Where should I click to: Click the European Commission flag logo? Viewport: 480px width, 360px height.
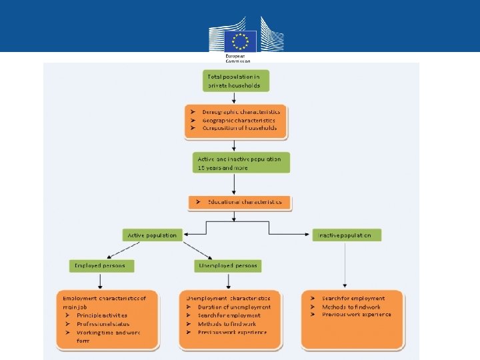coord(239,40)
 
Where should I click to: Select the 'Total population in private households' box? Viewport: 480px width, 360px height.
coord(236,81)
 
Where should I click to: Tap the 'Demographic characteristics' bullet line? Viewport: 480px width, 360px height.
coord(241,111)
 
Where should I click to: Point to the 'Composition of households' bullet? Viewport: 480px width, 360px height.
coord(241,127)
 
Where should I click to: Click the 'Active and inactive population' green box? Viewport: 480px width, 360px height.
coord(239,163)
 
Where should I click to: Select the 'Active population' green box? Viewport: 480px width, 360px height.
coord(153,235)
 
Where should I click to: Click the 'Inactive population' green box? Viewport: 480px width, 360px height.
coord(347,235)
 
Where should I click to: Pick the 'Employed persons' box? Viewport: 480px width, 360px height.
coord(101,265)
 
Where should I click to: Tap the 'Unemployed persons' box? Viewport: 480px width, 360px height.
coord(227,265)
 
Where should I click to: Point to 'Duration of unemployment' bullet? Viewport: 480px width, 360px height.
coord(234,307)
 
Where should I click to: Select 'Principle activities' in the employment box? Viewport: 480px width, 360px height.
coord(101,315)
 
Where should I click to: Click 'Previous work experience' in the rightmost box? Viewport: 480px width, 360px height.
coord(356,315)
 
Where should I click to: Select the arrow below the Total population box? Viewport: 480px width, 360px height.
coord(235,97)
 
